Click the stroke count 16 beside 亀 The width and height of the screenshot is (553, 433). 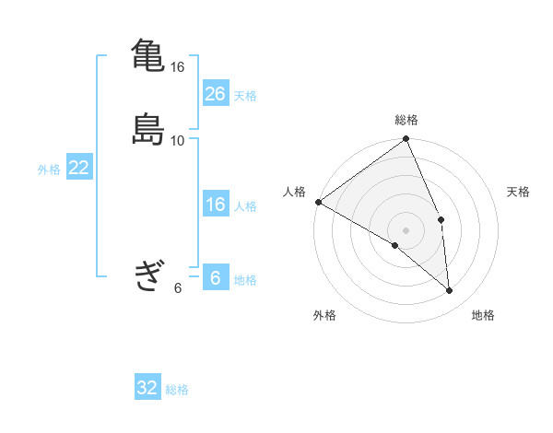coord(178,67)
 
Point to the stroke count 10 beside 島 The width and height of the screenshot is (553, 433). coord(178,141)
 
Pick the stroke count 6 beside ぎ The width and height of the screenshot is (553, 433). coord(178,287)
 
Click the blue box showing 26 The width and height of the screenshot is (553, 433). coord(216,94)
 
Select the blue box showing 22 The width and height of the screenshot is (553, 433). coord(79,168)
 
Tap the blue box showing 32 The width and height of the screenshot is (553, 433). coord(147,388)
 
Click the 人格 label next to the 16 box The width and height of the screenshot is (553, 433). coord(245,205)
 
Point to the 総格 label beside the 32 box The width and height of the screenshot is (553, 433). coord(177,390)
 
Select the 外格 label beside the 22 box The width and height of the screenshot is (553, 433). coord(49,170)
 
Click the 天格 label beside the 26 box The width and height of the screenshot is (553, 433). coord(245,96)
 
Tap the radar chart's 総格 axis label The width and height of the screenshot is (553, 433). coord(406,120)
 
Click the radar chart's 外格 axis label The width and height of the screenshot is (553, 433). coord(324,316)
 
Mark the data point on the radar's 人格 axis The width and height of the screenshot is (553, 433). coord(318,202)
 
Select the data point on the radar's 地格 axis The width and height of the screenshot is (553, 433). coord(449,290)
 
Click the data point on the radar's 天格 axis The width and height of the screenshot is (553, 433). coord(441,219)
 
